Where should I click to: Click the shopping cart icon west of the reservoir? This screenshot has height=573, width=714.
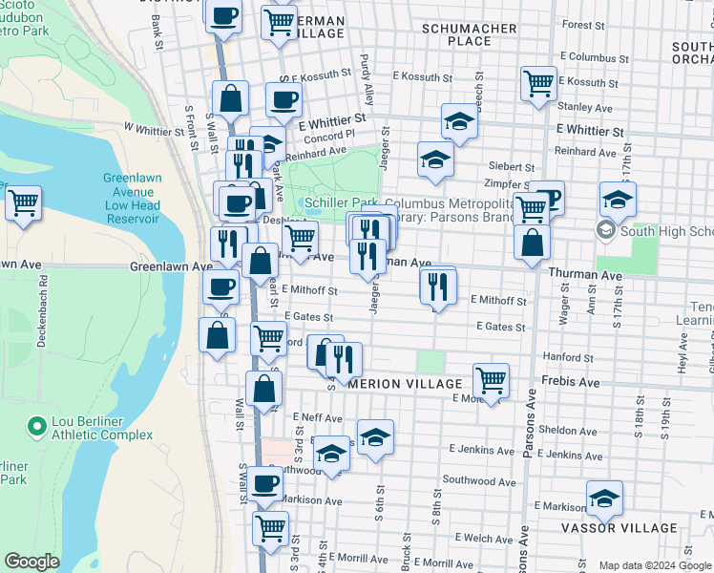pos(23,202)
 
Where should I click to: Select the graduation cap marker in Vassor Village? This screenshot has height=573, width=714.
pos(604,498)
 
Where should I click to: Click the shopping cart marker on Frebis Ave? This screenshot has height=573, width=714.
pos(491,380)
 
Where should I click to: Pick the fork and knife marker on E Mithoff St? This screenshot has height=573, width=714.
pos(437,285)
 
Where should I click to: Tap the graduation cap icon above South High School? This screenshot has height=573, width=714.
pos(618,200)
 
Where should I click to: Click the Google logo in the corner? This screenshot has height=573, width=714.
pos(31,562)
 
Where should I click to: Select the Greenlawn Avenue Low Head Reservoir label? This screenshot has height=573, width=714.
pos(132,199)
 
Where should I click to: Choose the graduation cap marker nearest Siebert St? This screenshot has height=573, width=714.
pos(435,159)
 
